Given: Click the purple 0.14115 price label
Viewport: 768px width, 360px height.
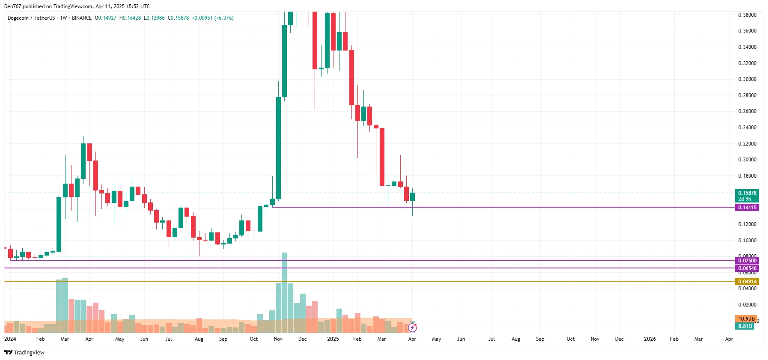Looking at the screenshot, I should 747,208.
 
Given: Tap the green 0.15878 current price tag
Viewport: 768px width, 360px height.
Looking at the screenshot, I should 747,193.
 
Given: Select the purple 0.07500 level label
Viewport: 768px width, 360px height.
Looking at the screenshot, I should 747,261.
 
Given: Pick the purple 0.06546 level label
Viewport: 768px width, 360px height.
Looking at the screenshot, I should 747,268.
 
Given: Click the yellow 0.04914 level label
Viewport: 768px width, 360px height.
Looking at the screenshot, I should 747,282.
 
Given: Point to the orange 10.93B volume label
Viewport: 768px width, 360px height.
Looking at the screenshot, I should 746,319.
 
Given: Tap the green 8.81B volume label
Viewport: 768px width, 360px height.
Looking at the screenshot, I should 745,326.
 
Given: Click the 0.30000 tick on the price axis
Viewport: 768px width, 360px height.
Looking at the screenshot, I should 747,79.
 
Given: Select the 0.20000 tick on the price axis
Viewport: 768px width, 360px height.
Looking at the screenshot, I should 747,160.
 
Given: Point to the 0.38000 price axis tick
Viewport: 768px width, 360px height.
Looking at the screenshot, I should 747,15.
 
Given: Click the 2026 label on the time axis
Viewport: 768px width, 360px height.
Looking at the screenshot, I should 649,339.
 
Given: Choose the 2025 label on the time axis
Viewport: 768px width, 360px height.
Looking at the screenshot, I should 333,339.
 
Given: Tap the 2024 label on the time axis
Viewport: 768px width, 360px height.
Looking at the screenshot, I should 10,339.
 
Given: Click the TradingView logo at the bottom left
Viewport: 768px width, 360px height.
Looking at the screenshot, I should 24,353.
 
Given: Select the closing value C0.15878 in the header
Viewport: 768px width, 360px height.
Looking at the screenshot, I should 178,18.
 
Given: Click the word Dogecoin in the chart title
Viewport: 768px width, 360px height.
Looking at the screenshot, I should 18,18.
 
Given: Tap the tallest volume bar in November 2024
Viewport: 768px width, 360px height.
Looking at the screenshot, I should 284,293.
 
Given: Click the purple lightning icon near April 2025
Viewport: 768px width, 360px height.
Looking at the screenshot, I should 412,328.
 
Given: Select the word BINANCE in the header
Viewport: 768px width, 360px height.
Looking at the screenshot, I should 82,18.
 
